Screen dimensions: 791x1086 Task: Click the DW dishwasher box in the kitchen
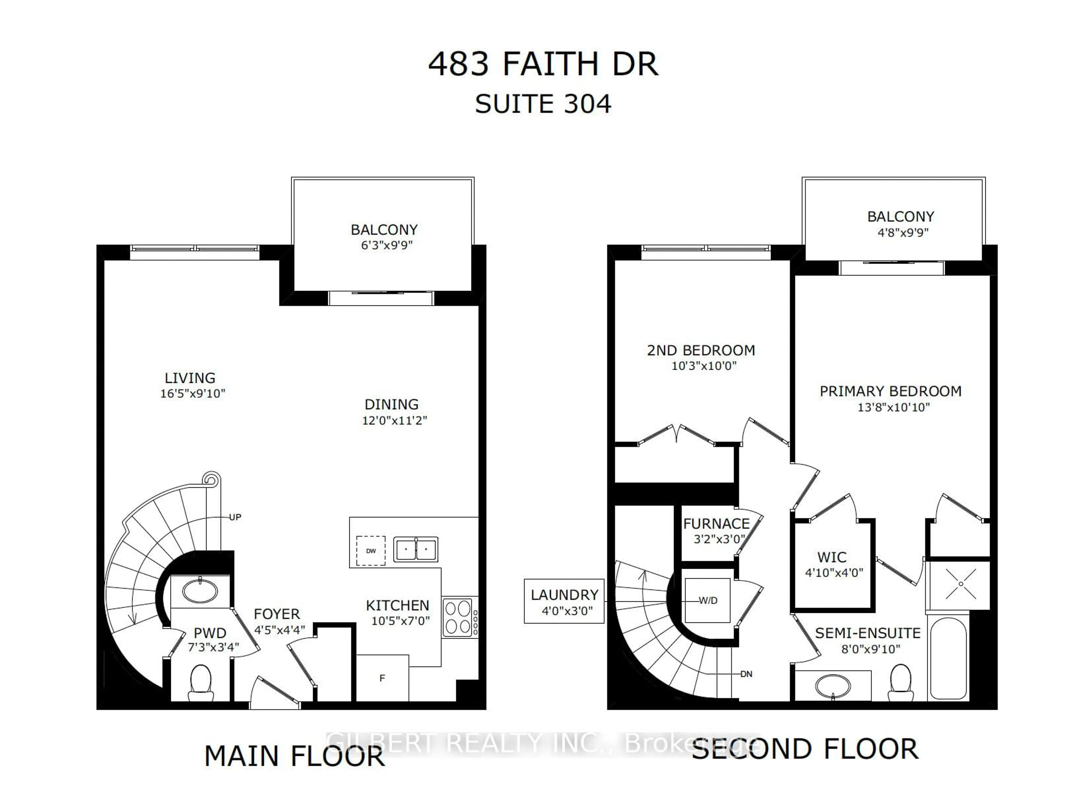pos(370,551)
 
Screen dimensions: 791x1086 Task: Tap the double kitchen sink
pos(415,549)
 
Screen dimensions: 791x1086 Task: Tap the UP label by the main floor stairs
pos(235,517)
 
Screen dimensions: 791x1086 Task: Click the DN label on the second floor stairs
pos(746,674)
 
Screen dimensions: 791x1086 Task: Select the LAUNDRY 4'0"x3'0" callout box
pos(564,601)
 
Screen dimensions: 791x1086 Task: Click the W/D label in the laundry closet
pos(708,600)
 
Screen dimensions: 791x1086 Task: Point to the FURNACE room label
pos(716,524)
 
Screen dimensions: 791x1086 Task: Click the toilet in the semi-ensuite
pos(900,682)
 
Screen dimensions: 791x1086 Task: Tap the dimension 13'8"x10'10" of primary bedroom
pos(893,407)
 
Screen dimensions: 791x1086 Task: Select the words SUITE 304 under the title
pos(543,104)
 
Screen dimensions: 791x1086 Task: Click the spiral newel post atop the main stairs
pos(211,479)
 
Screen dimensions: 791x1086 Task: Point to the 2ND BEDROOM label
pos(701,351)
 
